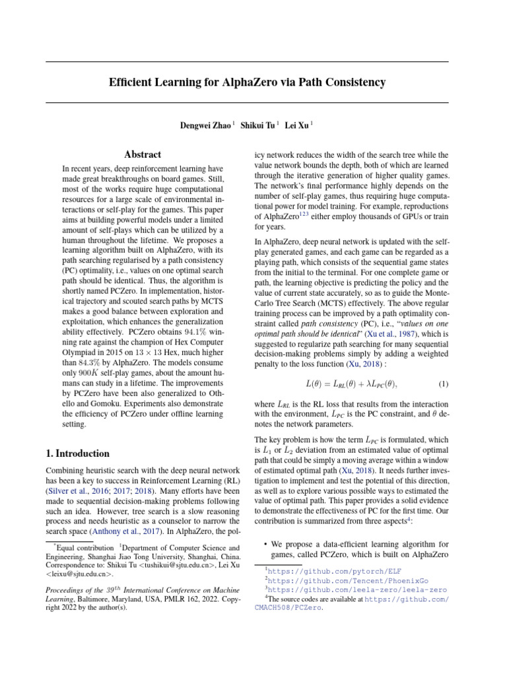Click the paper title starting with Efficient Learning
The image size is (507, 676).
[x=247, y=83]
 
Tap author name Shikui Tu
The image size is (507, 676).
[x=257, y=125]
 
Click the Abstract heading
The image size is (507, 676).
[x=143, y=154]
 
